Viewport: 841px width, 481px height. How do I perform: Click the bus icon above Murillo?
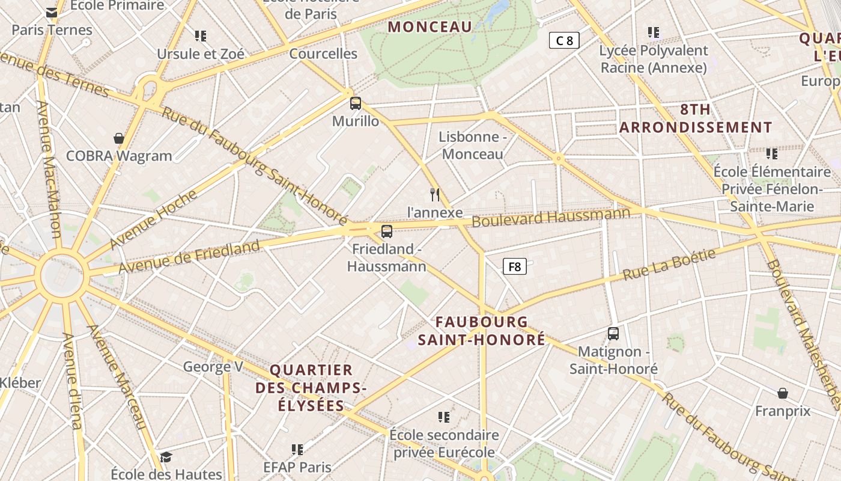point(356,103)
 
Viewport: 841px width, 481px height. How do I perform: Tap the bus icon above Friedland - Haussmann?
point(387,231)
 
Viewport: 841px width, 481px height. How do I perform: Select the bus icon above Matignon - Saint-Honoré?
point(613,333)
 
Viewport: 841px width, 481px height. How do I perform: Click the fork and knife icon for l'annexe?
point(436,194)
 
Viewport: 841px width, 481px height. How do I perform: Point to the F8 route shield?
point(515,266)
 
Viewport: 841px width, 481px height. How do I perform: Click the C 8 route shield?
point(564,40)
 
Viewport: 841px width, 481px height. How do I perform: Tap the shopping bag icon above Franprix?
point(783,393)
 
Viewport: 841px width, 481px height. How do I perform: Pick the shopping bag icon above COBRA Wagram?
point(119,138)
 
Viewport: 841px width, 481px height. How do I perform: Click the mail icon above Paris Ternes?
point(52,12)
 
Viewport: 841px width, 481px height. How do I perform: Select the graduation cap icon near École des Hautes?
point(166,457)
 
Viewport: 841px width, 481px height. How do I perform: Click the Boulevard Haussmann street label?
point(551,217)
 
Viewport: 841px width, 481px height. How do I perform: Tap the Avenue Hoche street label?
point(154,219)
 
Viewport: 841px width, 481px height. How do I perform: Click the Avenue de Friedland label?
point(189,256)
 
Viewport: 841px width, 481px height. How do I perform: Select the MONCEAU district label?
point(430,26)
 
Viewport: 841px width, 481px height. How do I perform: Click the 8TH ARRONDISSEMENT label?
point(696,118)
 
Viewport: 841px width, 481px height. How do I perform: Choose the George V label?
point(213,366)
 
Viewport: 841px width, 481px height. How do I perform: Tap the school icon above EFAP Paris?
point(297,449)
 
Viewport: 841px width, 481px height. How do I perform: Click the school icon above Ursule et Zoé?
point(201,36)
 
